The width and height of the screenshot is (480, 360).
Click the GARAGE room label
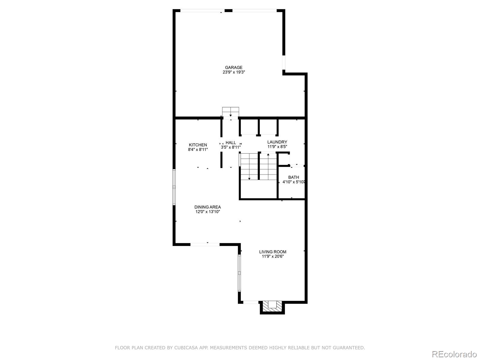point(233,67)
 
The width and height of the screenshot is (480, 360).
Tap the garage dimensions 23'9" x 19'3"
point(233,72)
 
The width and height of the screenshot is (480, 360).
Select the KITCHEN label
point(198,145)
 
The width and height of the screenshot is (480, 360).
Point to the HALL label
point(231,142)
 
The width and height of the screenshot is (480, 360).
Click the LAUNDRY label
point(277,142)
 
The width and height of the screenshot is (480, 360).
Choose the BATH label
point(293,177)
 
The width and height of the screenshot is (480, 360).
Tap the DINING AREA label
point(208,207)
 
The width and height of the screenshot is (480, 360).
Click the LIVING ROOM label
point(273,252)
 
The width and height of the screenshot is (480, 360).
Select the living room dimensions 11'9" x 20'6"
point(273,256)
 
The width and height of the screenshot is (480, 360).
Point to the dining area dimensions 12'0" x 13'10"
point(208,211)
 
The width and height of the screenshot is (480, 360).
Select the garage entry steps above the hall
point(230,112)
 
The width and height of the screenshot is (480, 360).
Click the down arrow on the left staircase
point(249,179)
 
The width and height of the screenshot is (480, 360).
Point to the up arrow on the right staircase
point(268,154)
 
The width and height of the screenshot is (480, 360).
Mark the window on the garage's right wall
point(283,62)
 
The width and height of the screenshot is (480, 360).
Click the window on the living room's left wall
point(239,273)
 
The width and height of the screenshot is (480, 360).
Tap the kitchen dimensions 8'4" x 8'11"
point(198,149)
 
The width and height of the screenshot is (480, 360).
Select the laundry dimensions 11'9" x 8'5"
point(277,147)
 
